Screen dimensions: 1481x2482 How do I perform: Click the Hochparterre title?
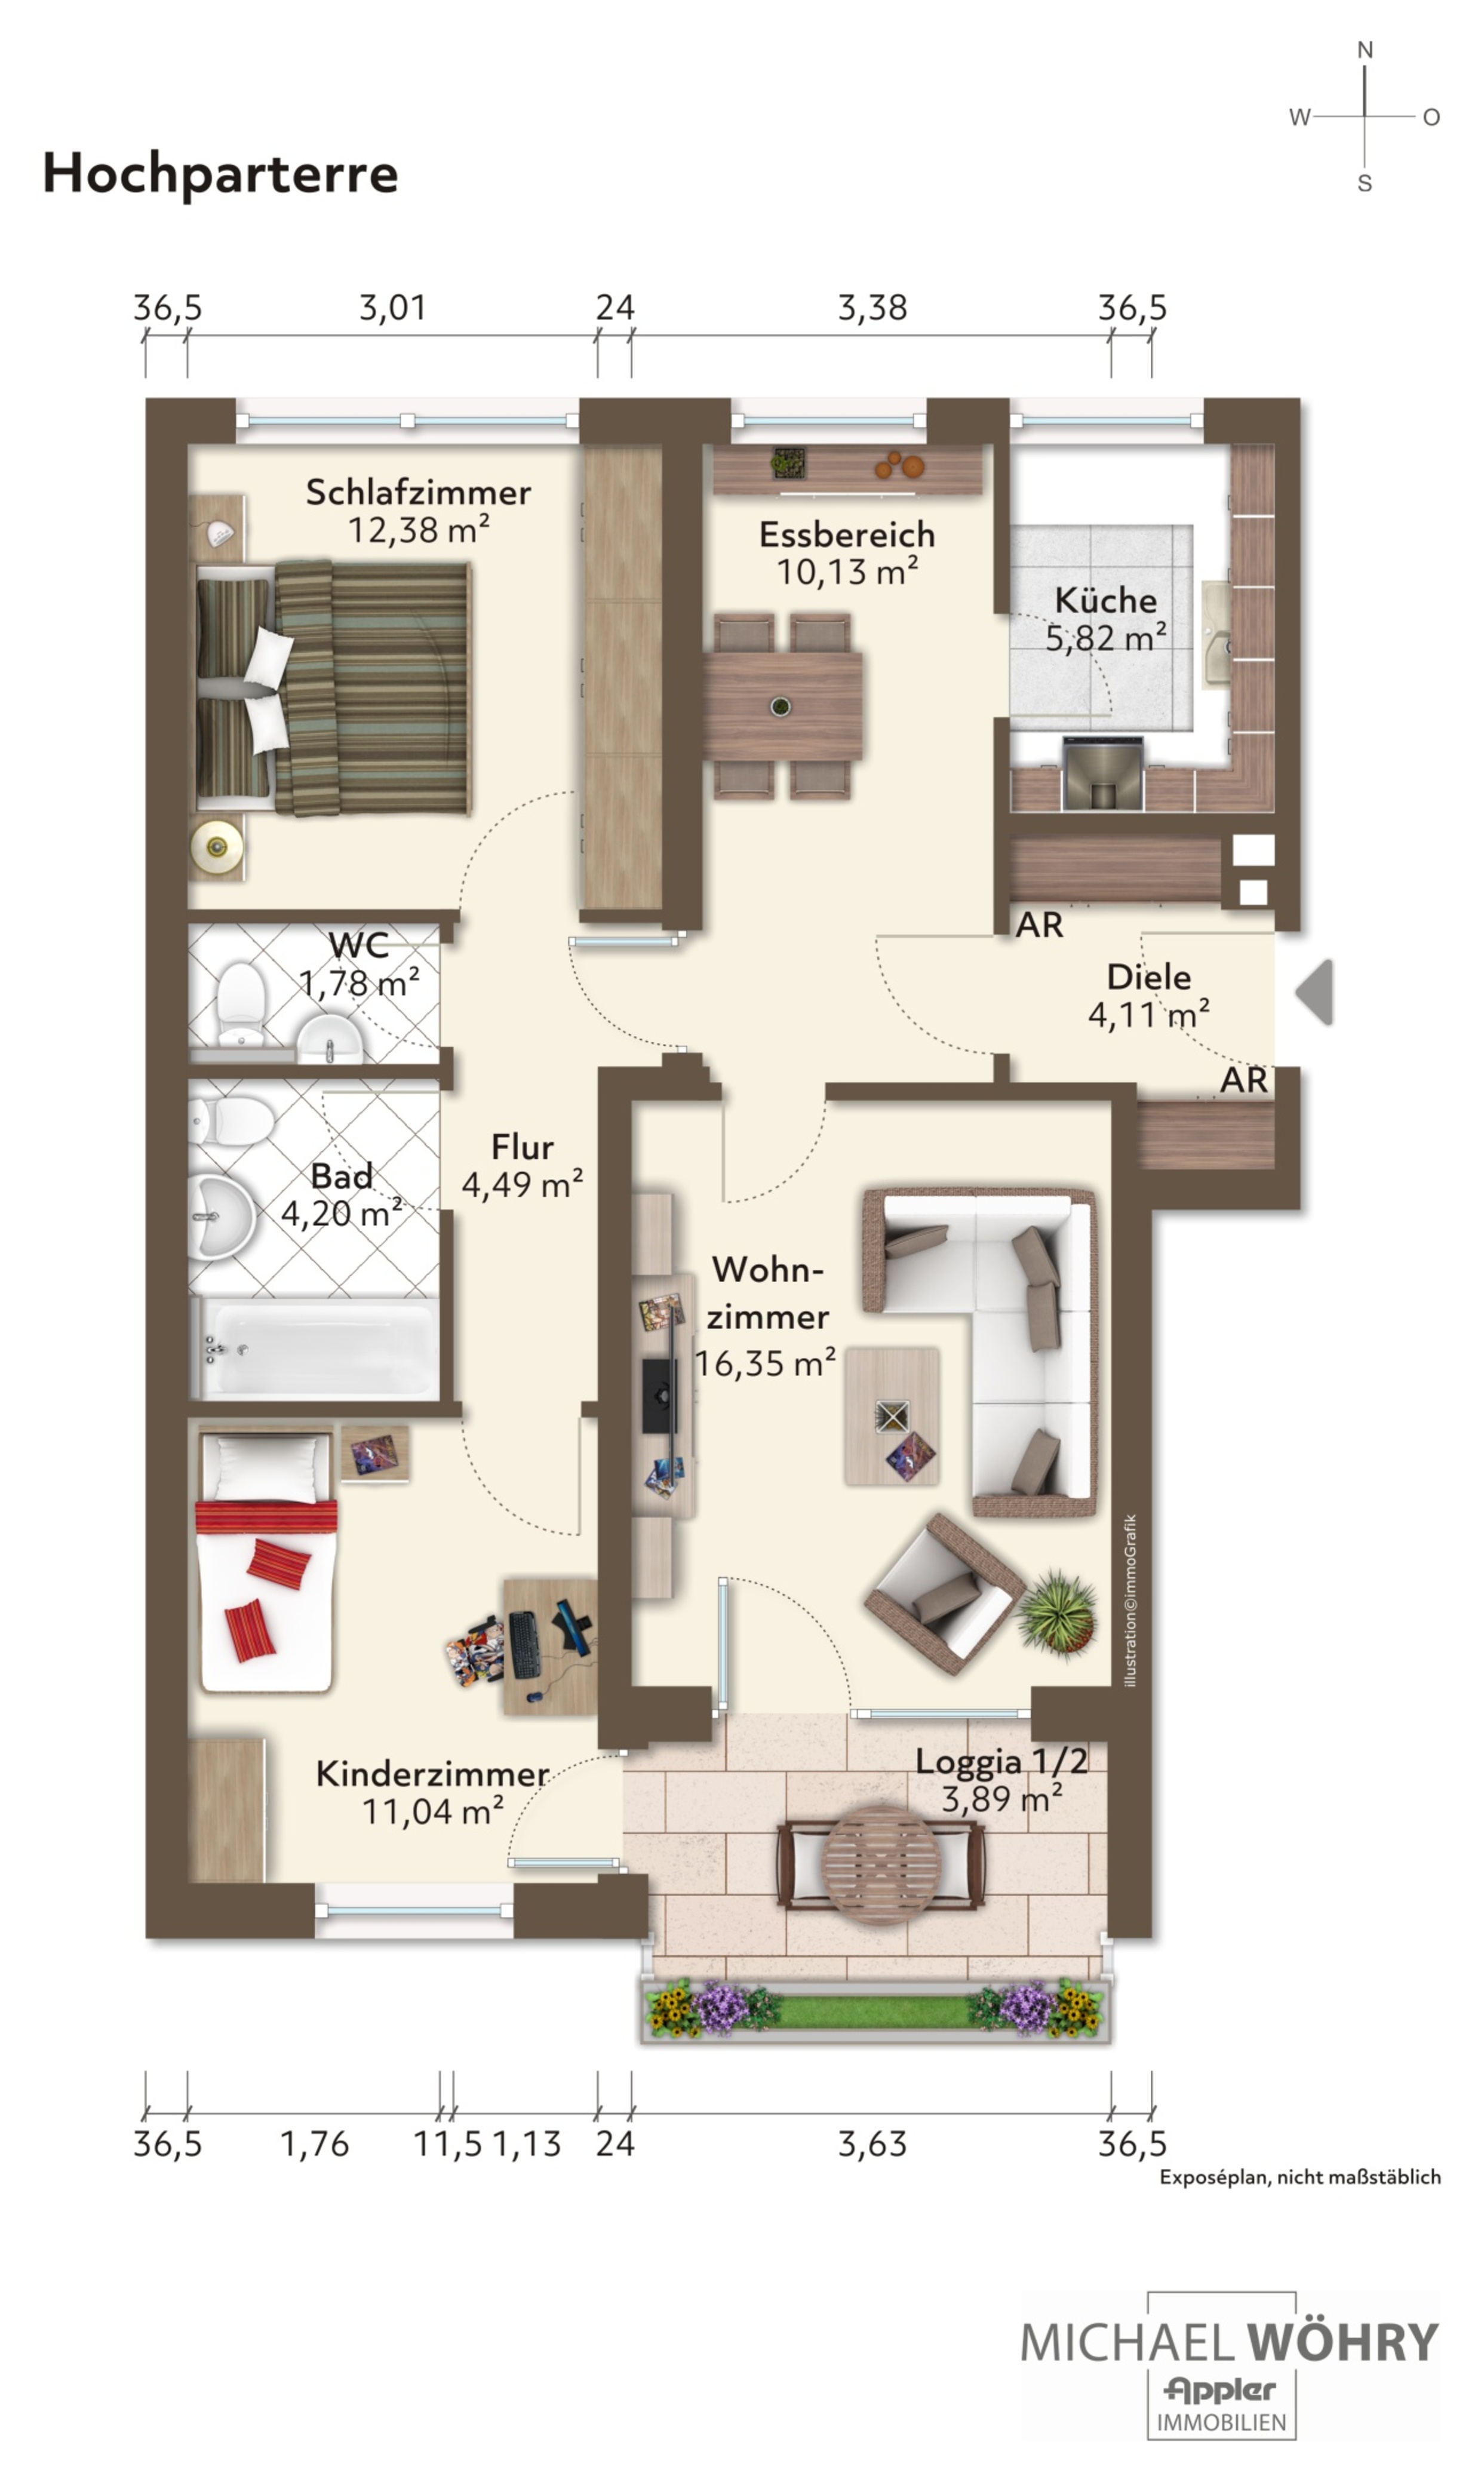[220, 174]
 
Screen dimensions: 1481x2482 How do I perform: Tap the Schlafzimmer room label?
[418, 492]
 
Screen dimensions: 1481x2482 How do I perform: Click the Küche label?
[1106, 600]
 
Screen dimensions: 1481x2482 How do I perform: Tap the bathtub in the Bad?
[315, 1347]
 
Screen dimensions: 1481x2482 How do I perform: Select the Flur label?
[522, 1147]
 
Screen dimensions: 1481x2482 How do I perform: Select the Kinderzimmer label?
[432, 1774]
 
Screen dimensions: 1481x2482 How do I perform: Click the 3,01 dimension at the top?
[393, 308]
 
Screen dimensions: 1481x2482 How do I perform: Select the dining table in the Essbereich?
[782, 705]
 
